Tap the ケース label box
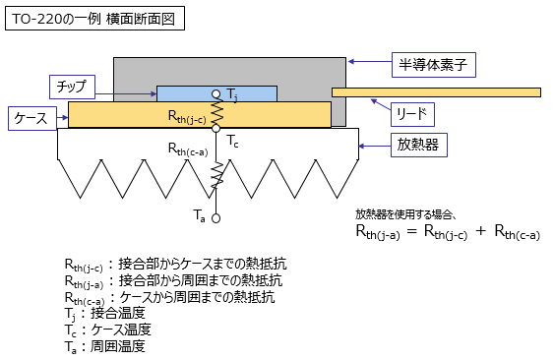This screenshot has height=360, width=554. coord(32,117)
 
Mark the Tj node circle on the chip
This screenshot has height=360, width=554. coord(216,93)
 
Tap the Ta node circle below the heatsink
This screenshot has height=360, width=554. coord(216,218)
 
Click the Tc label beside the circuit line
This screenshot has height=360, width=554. coord(232,143)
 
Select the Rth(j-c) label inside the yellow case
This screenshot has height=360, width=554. coord(187,116)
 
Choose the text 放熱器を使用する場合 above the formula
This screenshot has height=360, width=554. coord(404,213)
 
